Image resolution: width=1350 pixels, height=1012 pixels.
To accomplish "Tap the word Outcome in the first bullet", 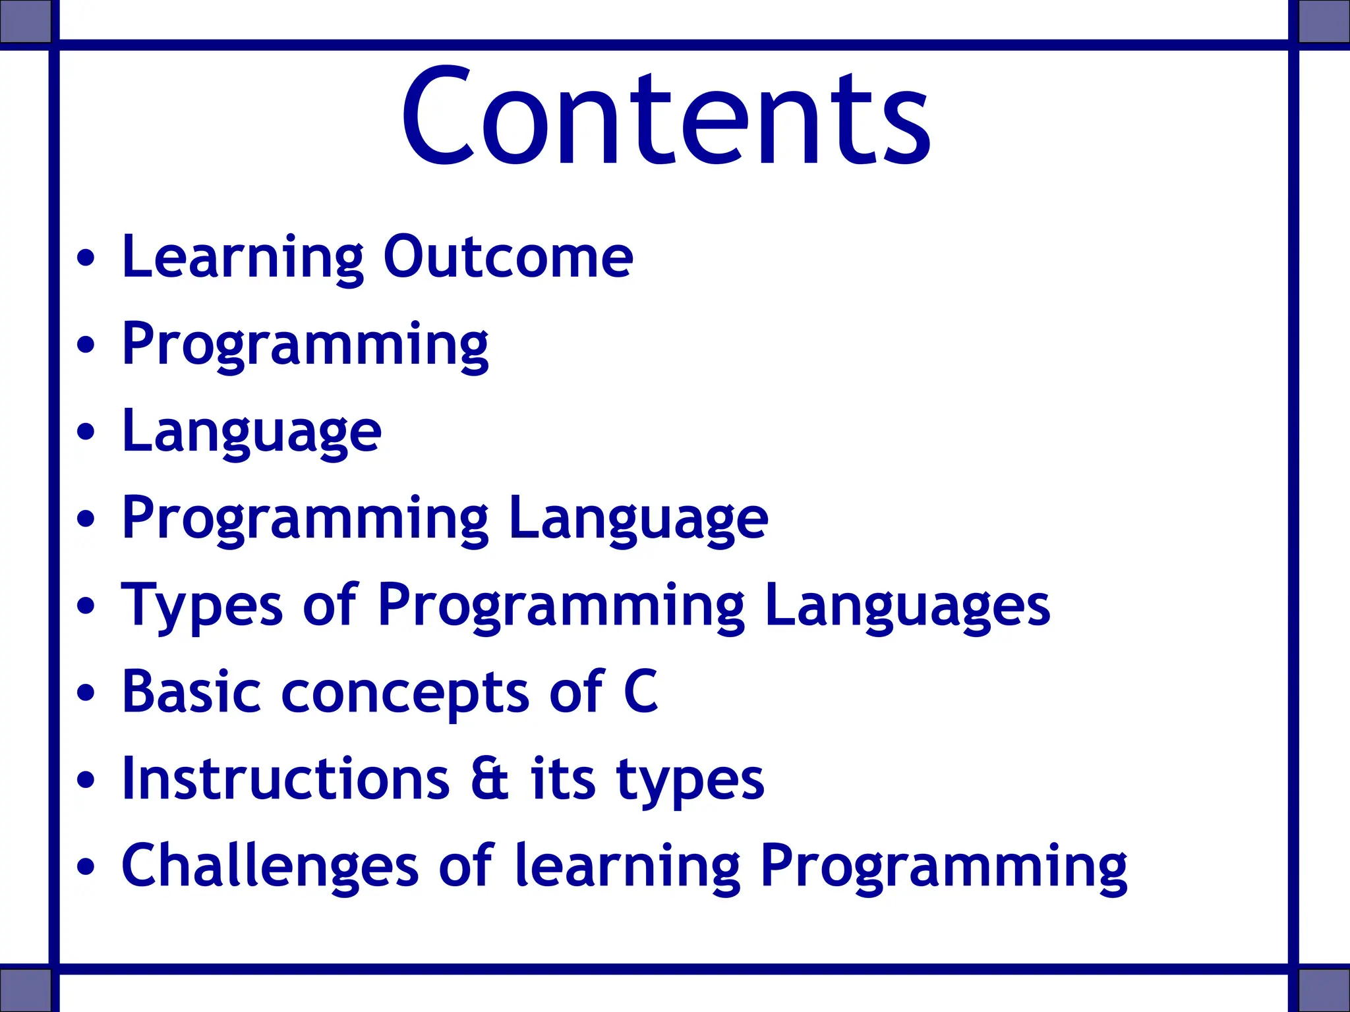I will coord(508,257).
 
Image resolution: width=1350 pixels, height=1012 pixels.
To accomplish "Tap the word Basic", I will coord(191,692).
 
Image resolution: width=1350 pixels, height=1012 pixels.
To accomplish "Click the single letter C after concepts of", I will coord(641,692).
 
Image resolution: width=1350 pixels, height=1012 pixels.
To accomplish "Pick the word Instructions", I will coord(285,779).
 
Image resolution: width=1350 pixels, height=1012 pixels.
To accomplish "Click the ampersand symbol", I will coord(490,779).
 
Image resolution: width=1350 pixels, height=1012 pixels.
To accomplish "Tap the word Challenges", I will coord(270,866).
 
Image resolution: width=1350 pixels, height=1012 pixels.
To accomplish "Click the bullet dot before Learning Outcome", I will coord(86,258).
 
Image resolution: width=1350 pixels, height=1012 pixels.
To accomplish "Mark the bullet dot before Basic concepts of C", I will coord(86,692).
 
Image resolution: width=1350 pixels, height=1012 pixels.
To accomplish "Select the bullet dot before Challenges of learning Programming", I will coord(86,866).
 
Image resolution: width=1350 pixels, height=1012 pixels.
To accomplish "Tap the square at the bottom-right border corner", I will coord(1324,990).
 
